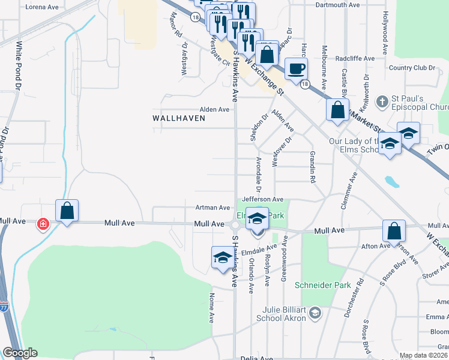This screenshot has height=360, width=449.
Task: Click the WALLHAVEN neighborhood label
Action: click(179, 118)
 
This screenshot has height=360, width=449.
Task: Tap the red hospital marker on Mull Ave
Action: click(43, 224)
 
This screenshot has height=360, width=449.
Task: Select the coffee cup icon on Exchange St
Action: click(295, 68)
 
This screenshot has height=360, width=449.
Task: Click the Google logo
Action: click(20, 353)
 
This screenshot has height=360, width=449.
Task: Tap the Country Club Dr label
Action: click(412, 68)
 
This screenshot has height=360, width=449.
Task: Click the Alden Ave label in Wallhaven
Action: click(215, 110)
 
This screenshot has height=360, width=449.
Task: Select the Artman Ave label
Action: click(212, 208)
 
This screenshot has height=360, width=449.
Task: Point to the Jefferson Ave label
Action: click(262, 199)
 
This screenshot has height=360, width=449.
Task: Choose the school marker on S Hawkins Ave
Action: click(222, 258)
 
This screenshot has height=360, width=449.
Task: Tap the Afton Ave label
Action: click(376, 246)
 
